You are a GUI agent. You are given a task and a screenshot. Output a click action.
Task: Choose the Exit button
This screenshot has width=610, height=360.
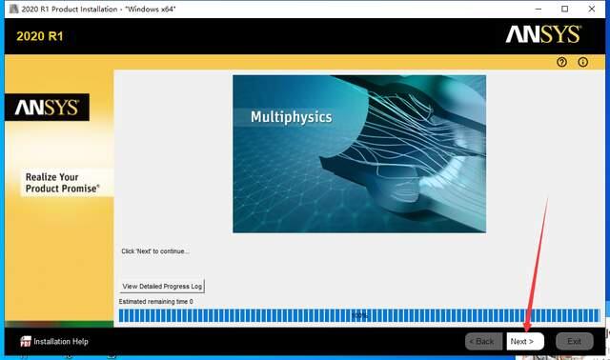(574, 341)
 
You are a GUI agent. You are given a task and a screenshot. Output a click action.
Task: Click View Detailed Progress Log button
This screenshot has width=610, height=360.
(162, 286)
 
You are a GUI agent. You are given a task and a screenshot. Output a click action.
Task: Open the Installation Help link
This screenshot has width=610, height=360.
(61, 341)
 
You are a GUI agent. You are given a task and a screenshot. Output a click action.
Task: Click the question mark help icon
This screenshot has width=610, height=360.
(562, 62)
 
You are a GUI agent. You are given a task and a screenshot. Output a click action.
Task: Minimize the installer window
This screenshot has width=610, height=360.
(539, 9)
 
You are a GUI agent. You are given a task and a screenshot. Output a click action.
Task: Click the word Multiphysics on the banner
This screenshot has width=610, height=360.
(291, 117)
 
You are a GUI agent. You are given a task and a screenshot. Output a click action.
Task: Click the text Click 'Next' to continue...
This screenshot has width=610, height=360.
(155, 251)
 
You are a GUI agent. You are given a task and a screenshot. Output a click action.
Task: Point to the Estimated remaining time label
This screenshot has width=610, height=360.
(156, 302)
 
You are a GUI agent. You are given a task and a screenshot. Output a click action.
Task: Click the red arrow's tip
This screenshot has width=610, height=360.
(528, 332)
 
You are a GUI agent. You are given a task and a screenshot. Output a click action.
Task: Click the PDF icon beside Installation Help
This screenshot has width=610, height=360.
(26, 341)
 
